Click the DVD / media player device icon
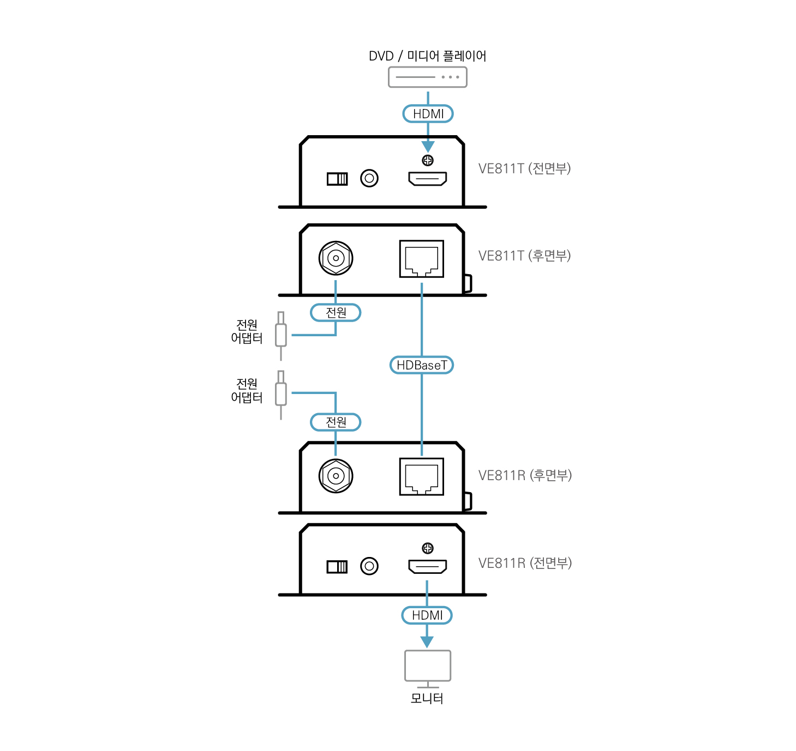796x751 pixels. click(x=427, y=77)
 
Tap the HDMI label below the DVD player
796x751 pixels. click(x=428, y=114)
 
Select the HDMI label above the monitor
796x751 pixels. click(x=427, y=615)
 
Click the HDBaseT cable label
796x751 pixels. click(x=422, y=365)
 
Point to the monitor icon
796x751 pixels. click(x=428, y=666)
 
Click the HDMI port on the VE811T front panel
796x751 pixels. click(x=428, y=178)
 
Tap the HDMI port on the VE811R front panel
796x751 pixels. click(x=428, y=567)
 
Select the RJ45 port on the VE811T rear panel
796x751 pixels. click(x=422, y=259)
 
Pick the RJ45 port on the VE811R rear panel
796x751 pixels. click(x=422, y=477)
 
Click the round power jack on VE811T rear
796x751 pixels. click(x=336, y=258)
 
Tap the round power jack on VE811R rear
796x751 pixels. click(x=336, y=476)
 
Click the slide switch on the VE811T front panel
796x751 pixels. click(x=337, y=179)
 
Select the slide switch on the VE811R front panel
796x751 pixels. click(x=337, y=567)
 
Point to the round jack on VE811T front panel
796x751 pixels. click(x=369, y=178)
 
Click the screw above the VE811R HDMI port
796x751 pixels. click(x=428, y=548)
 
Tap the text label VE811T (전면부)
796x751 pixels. click(x=524, y=168)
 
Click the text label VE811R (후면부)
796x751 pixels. click(x=525, y=475)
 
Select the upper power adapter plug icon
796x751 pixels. click(x=281, y=335)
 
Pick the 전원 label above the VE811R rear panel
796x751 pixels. click(x=336, y=422)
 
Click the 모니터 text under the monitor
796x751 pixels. click(x=427, y=699)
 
